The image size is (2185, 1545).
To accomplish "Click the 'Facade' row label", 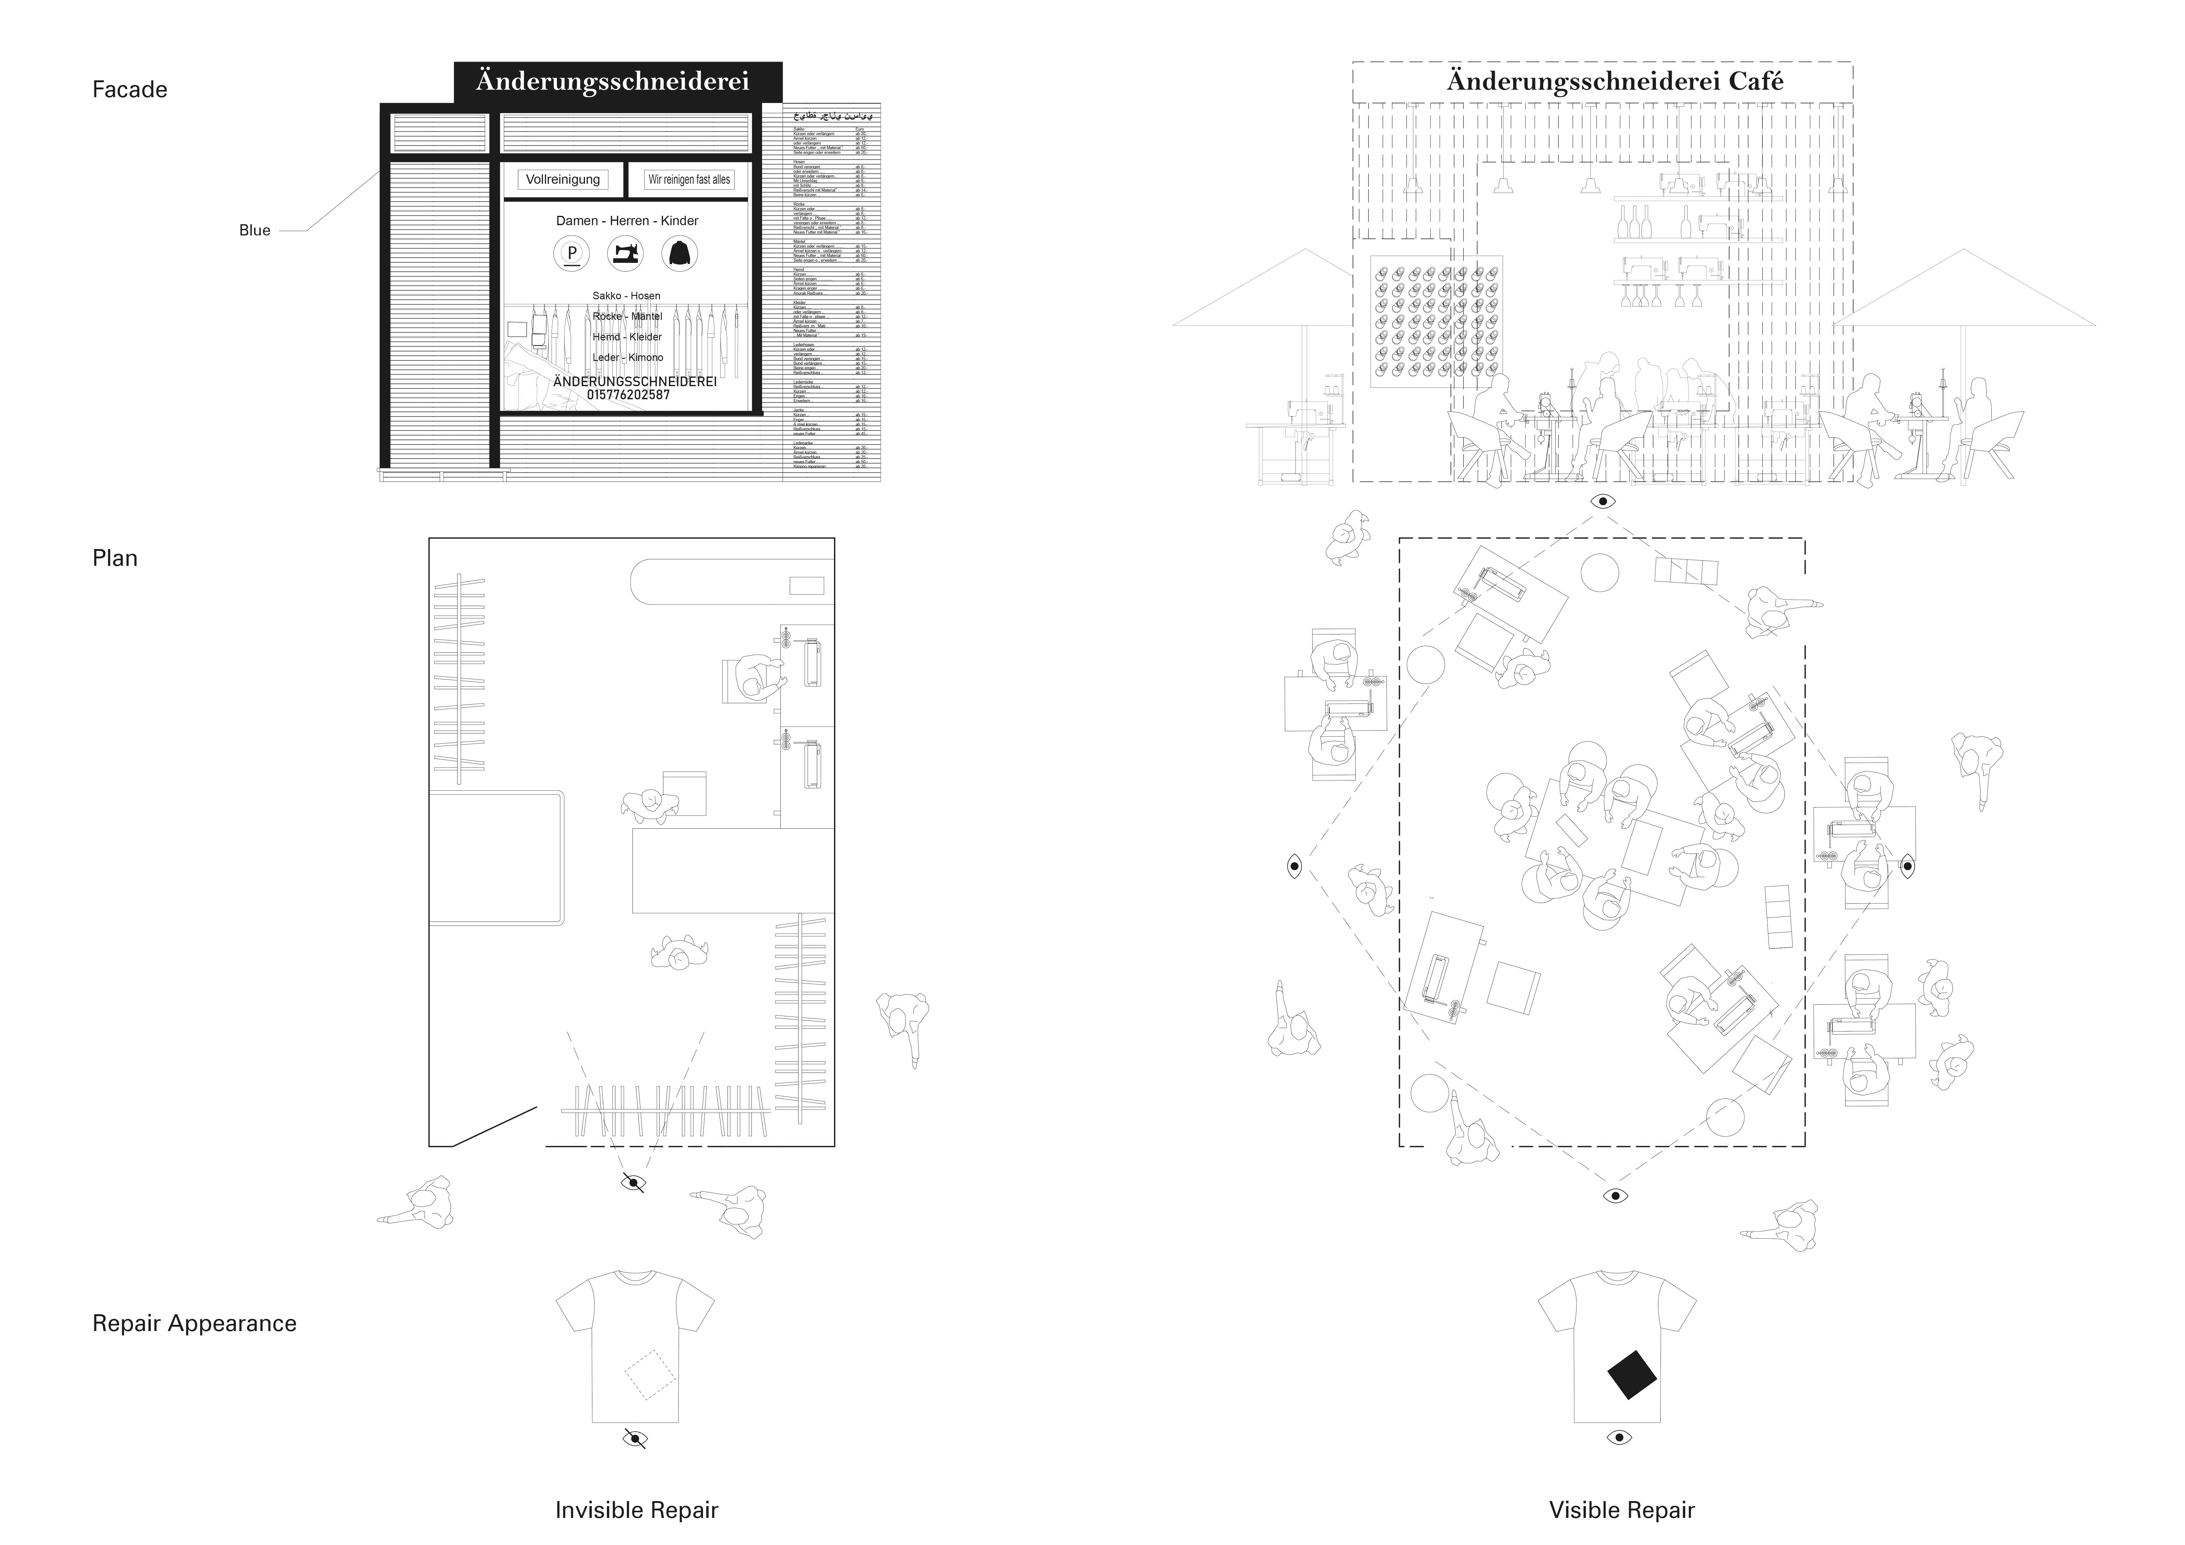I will (130, 89).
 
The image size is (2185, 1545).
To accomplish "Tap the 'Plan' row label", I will (114, 558).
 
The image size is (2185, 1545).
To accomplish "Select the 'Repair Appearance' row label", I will (194, 1323).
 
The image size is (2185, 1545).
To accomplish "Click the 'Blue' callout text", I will (254, 230).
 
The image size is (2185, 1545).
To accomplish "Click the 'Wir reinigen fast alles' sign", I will (689, 179).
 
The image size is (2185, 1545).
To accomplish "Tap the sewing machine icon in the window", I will (625, 253).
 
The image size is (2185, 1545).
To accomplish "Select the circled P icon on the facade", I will (572, 253).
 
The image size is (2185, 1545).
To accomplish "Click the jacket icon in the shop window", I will (680, 253).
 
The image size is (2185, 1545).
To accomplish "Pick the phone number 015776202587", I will (628, 395).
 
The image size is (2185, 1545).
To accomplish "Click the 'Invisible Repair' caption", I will (637, 1510).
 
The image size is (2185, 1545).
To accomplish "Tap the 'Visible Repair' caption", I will (1622, 1510).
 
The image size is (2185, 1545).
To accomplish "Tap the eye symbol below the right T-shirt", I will (1619, 1438).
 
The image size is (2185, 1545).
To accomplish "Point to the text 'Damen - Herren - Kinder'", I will (627, 221).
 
